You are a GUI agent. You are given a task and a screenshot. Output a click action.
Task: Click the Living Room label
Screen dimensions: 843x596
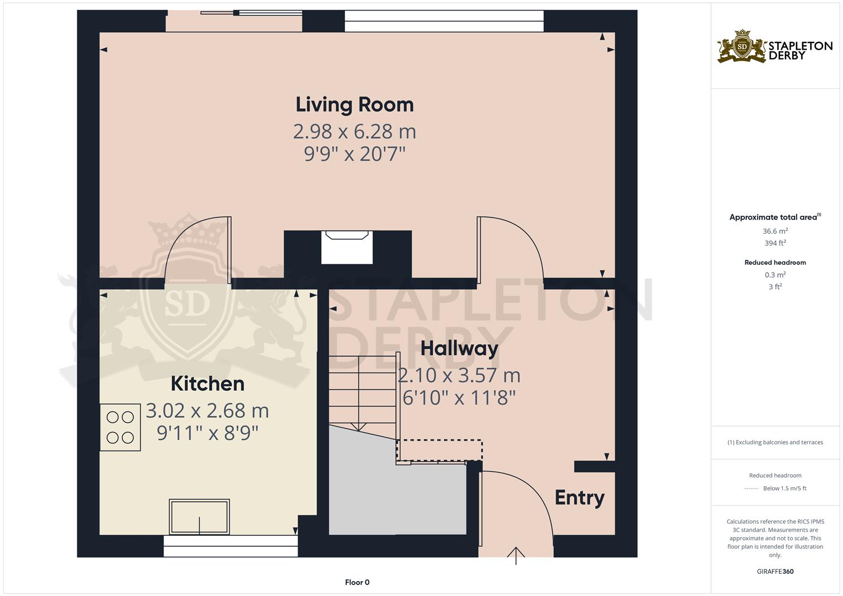354,105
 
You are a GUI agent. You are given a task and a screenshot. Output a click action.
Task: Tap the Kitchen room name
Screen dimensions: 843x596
208,384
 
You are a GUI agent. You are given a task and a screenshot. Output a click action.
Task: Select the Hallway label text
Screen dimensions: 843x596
459,349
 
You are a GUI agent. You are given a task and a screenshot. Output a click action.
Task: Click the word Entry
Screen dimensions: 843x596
580,498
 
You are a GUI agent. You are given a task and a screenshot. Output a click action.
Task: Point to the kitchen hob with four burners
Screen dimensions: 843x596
120,427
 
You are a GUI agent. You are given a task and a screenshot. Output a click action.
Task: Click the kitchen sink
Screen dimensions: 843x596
199,517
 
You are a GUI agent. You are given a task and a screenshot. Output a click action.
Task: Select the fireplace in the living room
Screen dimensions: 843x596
347,247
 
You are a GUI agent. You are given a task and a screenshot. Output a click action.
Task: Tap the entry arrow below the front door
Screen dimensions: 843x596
516,556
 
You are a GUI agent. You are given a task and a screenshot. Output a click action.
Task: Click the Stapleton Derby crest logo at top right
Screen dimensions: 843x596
742,47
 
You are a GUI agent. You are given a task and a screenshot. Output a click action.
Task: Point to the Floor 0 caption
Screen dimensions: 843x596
357,582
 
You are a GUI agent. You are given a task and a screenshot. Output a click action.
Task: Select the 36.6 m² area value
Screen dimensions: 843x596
775,231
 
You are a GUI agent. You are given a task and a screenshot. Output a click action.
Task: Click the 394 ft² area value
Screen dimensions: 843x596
775,243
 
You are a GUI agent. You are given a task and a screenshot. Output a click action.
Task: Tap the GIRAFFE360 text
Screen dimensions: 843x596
775,572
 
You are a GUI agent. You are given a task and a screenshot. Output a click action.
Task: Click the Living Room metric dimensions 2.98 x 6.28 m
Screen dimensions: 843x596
354,132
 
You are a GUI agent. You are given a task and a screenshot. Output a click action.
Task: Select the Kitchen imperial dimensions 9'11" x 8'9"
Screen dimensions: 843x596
208,433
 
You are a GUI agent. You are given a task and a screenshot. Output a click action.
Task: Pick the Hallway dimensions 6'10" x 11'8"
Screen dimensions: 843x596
459,398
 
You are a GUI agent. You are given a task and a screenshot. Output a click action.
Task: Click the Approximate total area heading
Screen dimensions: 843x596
775,217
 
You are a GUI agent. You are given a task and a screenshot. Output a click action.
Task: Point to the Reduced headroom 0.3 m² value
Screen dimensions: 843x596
775,275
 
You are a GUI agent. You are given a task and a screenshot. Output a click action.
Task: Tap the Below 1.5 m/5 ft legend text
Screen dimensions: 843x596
784,488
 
